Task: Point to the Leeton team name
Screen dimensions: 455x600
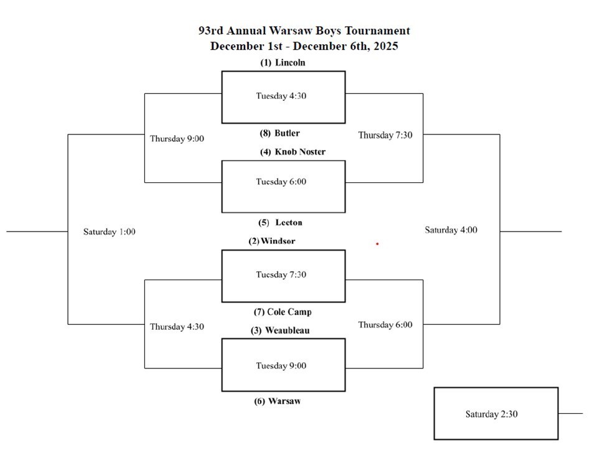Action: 281,222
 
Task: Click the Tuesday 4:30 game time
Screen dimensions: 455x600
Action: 281,96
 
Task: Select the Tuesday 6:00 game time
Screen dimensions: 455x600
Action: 281,182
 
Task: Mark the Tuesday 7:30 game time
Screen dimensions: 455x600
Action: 281,274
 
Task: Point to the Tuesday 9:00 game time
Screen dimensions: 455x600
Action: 281,365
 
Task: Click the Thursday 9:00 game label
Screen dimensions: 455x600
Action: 177,139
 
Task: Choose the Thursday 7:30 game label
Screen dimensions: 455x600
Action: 385,135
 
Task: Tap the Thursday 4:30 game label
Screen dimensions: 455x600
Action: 177,326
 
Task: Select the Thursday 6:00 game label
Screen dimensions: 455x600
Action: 385,325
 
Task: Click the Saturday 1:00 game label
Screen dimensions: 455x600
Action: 110,232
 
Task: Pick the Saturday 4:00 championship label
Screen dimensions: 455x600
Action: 451,230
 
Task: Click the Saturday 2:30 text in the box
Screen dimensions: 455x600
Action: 491,414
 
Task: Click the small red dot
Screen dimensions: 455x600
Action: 377,244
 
